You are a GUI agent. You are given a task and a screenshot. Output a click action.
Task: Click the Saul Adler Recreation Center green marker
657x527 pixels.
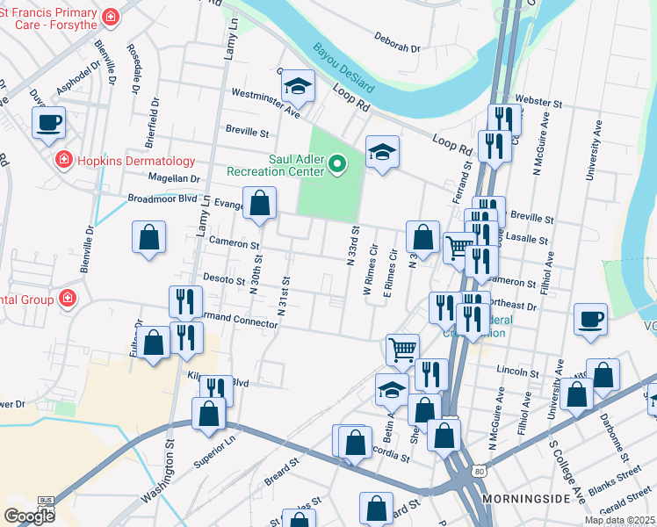(x=336, y=163)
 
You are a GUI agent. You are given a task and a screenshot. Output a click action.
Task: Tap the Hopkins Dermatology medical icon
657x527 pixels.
(x=63, y=160)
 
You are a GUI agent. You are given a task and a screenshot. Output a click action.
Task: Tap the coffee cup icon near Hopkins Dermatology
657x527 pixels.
(x=49, y=122)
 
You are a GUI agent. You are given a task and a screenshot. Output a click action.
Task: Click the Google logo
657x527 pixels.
(x=29, y=516)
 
